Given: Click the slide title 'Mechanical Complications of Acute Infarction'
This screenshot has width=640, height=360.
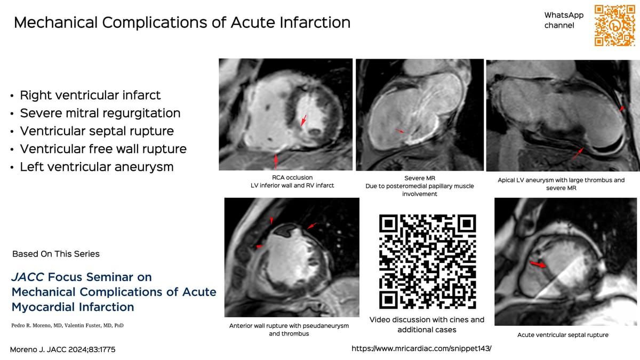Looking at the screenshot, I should point(182,22).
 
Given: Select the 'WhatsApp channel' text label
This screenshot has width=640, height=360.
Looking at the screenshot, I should point(564,20).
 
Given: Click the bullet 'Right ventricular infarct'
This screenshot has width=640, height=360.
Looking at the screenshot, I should point(90,95).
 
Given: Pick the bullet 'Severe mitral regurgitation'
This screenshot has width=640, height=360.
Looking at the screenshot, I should point(100,113).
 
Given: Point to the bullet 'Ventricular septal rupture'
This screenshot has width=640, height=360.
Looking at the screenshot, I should point(97,131).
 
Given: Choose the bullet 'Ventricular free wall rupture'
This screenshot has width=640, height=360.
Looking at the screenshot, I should point(103,149).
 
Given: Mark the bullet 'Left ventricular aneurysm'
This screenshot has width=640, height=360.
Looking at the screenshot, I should point(97,166).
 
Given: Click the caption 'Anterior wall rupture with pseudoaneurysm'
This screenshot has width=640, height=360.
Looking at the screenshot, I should point(289,330).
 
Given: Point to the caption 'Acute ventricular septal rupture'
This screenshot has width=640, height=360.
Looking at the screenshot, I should point(563,335).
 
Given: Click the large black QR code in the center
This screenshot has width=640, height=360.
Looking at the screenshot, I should point(427,262).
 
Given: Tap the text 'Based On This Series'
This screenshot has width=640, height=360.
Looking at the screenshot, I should point(56,254).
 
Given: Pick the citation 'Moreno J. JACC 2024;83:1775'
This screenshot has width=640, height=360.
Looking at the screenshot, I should point(63,349).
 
